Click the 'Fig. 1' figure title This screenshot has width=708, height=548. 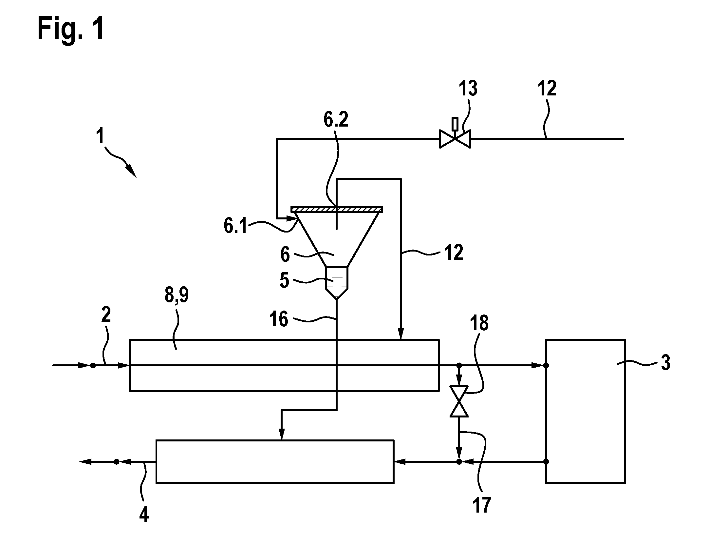[x=71, y=29]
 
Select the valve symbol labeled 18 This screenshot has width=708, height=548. [x=459, y=401]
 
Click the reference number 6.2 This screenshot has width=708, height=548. [x=336, y=120]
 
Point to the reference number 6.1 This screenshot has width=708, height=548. [x=235, y=226]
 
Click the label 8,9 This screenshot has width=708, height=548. [x=177, y=296]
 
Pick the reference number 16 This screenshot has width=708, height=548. [x=278, y=319]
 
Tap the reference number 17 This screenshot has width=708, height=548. [x=482, y=505]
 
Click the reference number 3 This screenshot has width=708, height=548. [x=665, y=363]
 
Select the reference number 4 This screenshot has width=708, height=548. [x=144, y=514]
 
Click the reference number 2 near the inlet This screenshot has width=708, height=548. [x=106, y=315]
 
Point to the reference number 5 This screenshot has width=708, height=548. [x=284, y=281]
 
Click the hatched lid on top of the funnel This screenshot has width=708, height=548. [x=337, y=209]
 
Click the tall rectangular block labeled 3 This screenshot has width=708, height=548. [x=586, y=411]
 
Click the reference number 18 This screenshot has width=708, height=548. [x=479, y=323]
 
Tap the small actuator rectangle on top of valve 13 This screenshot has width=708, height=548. [x=455, y=124]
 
